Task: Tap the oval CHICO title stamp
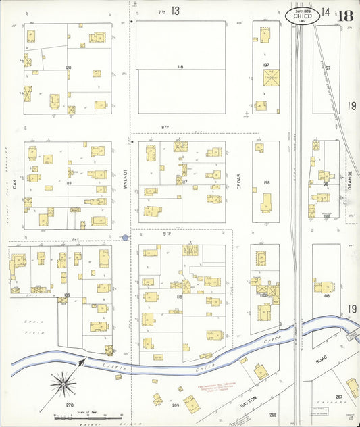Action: [x=302, y=15]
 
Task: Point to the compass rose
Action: [x=65, y=385]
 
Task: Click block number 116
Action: [x=180, y=67]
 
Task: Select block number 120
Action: [x=68, y=68]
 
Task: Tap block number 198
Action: [x=266, y=182]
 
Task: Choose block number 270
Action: [x=69, y=405]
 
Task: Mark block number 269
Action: [x=175, y=405]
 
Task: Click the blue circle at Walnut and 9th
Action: [x=126, y=237]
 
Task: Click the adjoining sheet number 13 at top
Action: [x=175, y=11]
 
